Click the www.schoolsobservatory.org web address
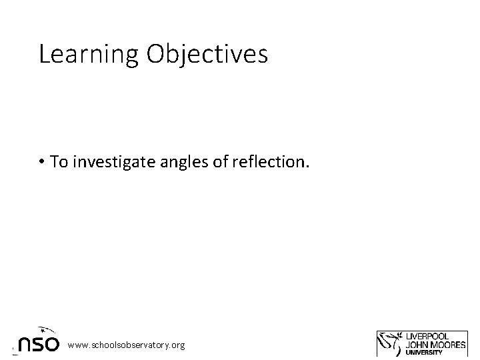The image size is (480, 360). [126, 344]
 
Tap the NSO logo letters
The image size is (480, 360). [39, 344]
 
